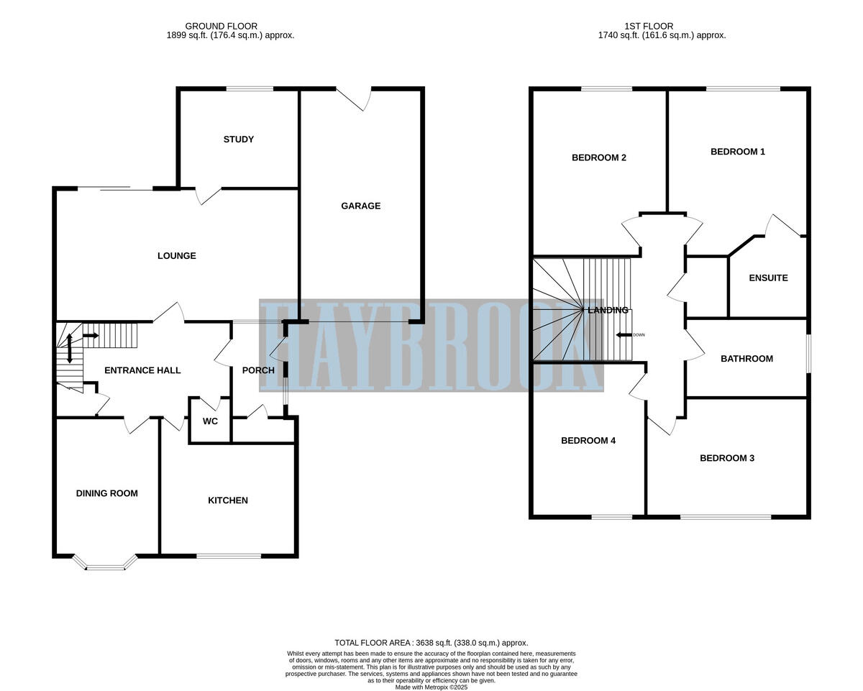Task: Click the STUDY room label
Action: tap(238, 139)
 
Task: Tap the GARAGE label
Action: tap(360, 206)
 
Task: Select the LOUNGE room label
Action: tap(176, 256)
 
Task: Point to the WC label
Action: tap(210, 421)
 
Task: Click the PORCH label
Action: tap(258, 370)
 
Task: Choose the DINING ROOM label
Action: tap(106, 493)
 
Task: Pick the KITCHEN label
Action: tap(228, 500)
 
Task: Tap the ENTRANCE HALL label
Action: tap(142, 370)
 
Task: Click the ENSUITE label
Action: tap(768, 278)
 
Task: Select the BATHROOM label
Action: tap(746, 359)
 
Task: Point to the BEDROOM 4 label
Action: tap(588, 441)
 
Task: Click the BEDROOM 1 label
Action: tap(738, 152)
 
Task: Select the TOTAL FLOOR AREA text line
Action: tap(431, 643)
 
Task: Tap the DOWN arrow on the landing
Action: tap(626, 335)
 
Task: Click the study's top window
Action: tap(250, 89)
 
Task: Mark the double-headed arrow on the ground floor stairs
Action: tap(69, 349)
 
